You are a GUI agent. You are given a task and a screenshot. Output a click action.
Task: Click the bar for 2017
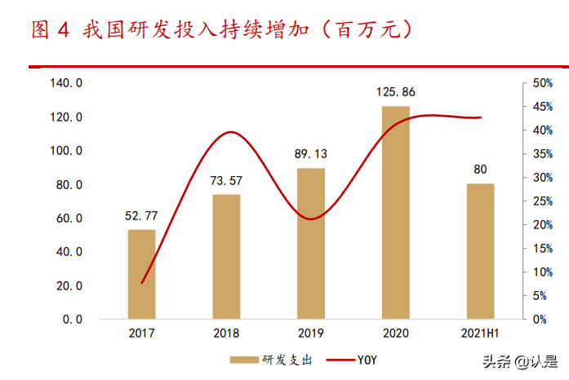[x=141, y=274]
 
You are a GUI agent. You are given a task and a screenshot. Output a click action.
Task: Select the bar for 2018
[x=226, y=257]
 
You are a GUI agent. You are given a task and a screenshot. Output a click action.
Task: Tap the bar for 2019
[x=310, y=244]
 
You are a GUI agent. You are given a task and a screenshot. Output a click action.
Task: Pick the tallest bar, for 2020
[x=396, y=212]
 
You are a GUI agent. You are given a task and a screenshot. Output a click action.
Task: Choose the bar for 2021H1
[x=480, y=251]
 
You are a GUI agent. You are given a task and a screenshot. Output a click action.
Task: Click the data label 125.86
[x=396, y=92]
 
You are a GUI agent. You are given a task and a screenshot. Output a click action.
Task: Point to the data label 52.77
[x=141, y=216]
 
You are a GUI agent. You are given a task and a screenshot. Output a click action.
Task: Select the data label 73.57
[x=226, y=180]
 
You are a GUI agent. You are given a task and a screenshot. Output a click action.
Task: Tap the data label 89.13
[x=310, y=154]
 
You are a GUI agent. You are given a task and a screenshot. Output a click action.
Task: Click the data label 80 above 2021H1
[x=480, y=170]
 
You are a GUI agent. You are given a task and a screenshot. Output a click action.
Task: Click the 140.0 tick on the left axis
[x=66, y=83]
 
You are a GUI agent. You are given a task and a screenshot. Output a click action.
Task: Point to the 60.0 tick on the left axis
[x=66, y=219]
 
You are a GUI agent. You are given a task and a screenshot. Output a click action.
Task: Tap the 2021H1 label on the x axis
[x=480, y=334]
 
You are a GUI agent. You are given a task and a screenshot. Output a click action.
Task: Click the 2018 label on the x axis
[x=226, y=334]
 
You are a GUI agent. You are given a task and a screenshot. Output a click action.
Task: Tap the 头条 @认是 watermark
[x=518, y=362]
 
